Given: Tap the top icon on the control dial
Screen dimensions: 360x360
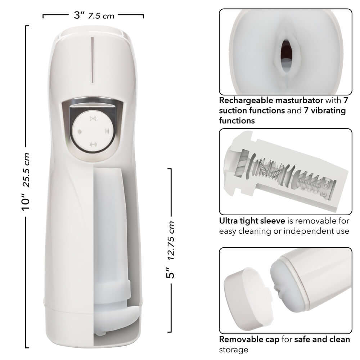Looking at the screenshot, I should point(93,118).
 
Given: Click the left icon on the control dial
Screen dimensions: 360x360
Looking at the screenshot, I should point(79,131).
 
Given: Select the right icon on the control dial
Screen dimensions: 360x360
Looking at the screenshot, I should point(107,131).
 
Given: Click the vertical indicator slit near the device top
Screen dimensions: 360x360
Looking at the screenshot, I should point(93,59).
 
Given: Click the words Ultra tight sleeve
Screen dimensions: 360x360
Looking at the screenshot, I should point(252,221).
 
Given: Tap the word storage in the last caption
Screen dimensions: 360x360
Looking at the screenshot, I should point(234,349).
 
